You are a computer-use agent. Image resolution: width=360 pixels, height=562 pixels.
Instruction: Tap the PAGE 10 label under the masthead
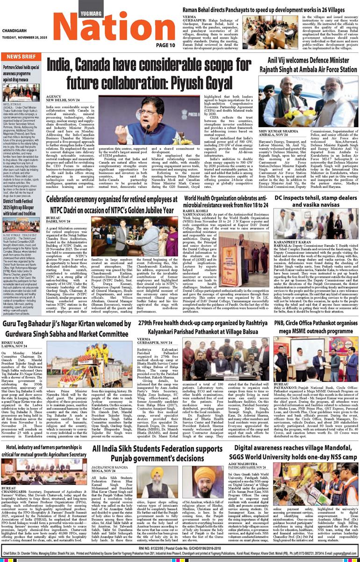[166, 45]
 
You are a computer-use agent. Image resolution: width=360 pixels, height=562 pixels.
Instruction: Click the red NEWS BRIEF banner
[22, 57]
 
